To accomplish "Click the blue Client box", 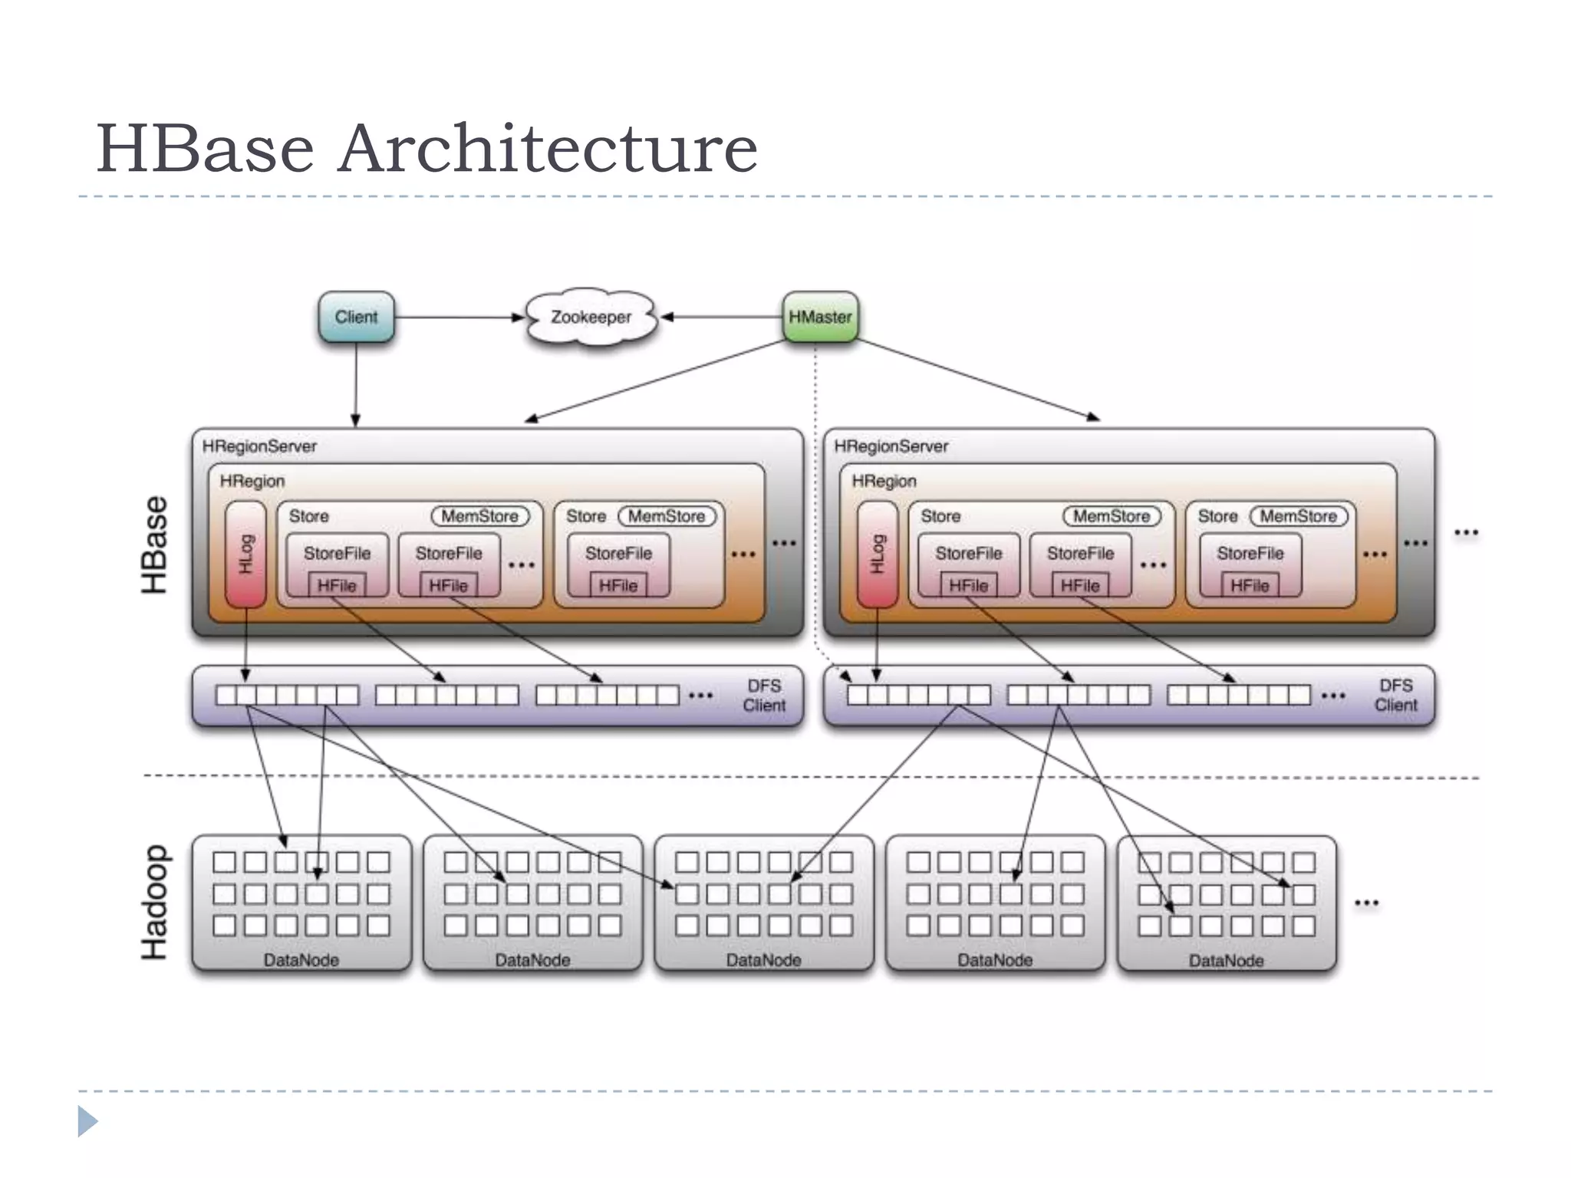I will pyautogui.click(x=356, y=317).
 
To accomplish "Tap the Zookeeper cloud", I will pyautogui.click(x=591, y=317).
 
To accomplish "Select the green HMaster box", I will pyautogui.click(x=820, y=317).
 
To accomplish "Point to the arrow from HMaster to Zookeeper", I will pyautogui.click(x=721, y=317).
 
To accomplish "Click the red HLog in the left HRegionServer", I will pyautogui.click(x=245, y=554).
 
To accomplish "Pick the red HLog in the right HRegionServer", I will pyautogui.click(x=877, y=554).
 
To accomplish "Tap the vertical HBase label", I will pyautogui.click(x=154, y=545).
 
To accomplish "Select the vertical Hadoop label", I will pyautogui.click(x=154, y=903).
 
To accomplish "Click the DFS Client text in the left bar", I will pyautogui.click(x=764, y=696).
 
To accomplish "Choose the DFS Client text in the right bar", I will pyautogui.click(x=1395, y=696).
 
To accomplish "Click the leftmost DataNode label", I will pyautogui.click(x=301, y=960).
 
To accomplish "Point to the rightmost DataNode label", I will pyautogui.click(x=1226, y=961).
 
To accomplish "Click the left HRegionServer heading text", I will pyautogui.click(x=259, y=446).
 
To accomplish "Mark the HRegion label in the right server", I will pyautogui.click(x=884, y=481).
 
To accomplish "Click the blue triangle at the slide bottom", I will pyautogui.click(x=87, y=1121).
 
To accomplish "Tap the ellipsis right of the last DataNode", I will pyautogui.click(x=1366, y=903).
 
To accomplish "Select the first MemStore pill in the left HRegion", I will pyautogui.click(x=479, y=516).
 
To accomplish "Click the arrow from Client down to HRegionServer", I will pyautogui.click(x=356, y=383).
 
